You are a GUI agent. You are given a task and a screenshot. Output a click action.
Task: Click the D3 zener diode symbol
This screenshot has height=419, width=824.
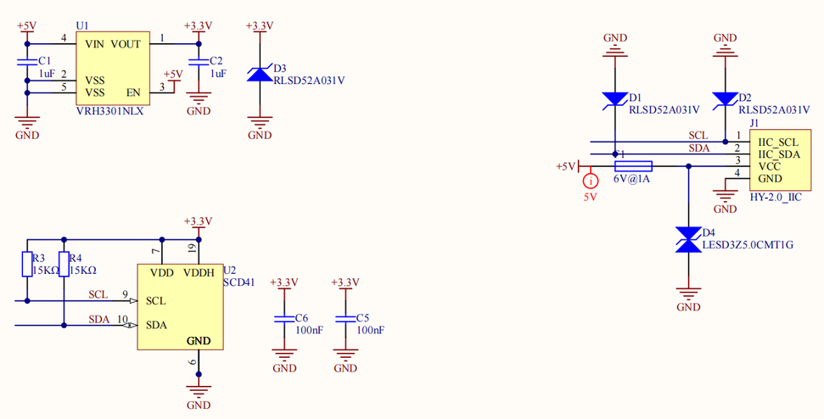260,75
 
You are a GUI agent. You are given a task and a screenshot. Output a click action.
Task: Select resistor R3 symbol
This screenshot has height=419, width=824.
27,264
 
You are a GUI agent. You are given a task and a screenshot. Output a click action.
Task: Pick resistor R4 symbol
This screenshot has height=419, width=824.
64,264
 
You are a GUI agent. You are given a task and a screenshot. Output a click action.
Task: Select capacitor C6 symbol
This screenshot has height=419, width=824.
284,320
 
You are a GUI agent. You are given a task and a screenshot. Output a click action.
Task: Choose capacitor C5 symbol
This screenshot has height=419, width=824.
345,320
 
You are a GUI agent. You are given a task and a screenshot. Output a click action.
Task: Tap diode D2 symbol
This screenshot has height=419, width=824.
725,99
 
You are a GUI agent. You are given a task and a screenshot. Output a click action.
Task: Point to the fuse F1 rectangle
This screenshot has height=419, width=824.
632,166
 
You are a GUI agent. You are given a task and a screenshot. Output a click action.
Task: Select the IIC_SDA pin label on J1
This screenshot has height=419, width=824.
779,154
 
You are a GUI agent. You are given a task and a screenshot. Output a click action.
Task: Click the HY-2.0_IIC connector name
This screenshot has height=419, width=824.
776,197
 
